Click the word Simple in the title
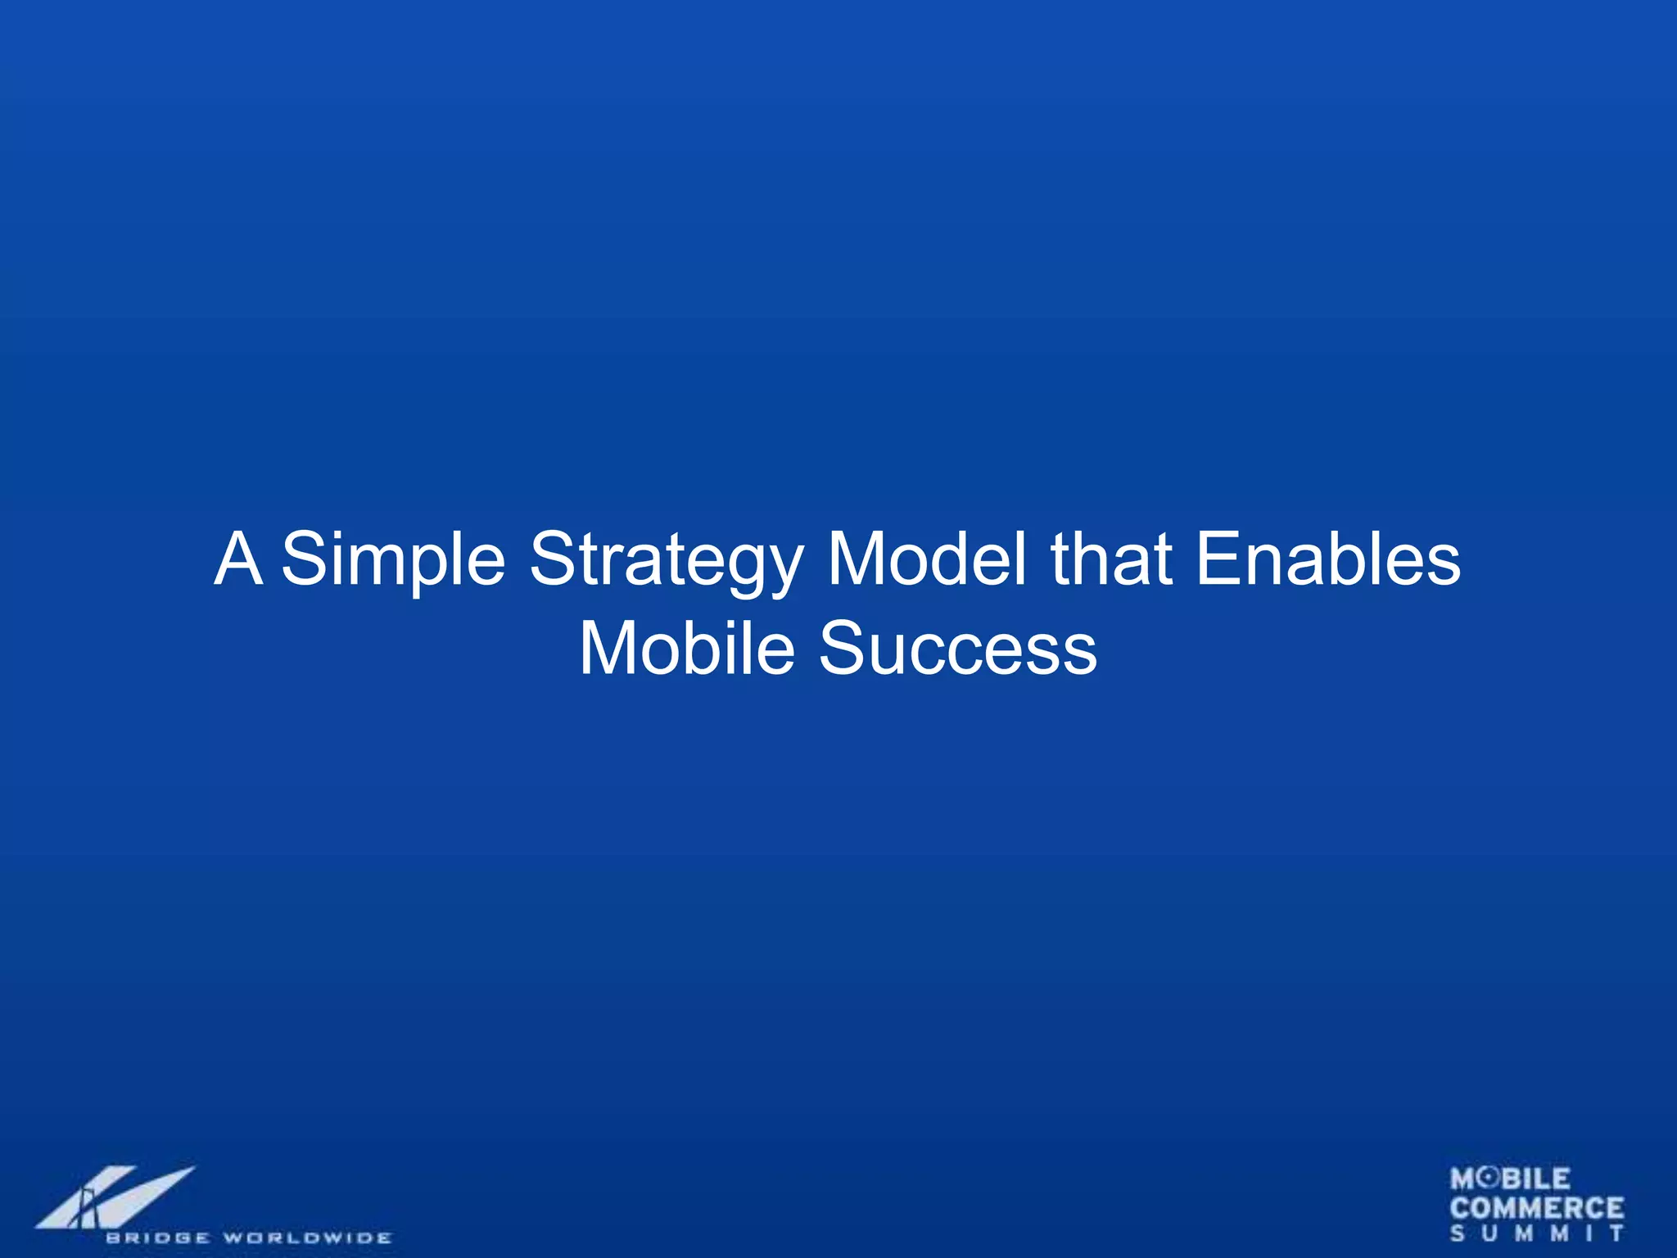[x=393, y=559]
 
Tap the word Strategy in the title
[x=666, y=559]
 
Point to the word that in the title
[x=1111, y=559]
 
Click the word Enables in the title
[x=1327, y=559]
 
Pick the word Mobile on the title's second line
[x=687, y=648]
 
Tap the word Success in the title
[x=958, y=648]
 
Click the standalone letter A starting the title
[x=238, y=559]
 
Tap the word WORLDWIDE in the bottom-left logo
[x=307, y=1238]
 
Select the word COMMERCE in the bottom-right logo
[x=1536, y=1208]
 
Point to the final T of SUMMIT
[x=1617, y=1233]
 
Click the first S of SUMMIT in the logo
[x=1458, y=1233]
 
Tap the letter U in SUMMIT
[x=1489, y=1233]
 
